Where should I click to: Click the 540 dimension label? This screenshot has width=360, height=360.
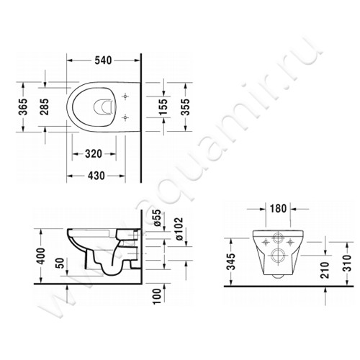tap(103, 60)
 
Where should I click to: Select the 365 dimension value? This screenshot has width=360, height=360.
tap(23, 107)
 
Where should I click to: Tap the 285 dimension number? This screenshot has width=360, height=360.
tap(45, 107)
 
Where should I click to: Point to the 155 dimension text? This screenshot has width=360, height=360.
tap(163, 107)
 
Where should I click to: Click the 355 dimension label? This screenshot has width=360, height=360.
tap(186, 107)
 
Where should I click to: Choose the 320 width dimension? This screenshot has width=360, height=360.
tap(94, 154)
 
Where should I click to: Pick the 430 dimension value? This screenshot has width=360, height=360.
tap(96, 176)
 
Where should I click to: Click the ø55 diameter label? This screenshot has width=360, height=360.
tap(157, 218)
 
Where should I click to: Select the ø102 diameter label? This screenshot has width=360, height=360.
tap(179, 229)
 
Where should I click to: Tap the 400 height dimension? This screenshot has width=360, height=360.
tap(41, 256)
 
